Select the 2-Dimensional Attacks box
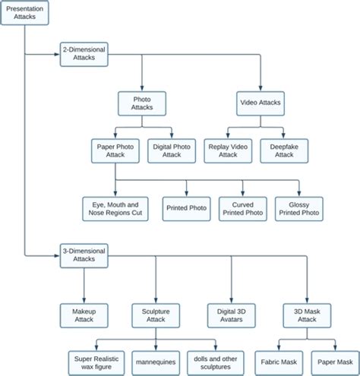pyautogui.click(x=84, y=54)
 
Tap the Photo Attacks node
pyautogui.click(x=142, y=103)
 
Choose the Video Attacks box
pyautogui.click(x=261, y=103)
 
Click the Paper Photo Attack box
pyautogui.click(x=115, y=150)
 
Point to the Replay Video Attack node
pyautogui.click(x=228, y=150)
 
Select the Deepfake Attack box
pyautogui.click(x=283, y=150)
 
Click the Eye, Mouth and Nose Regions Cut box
pyautogui.click(x=114, y=208)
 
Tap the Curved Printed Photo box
pyautogui.click(x=242, y=208)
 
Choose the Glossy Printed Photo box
pyautogui.click(x=299, y=208)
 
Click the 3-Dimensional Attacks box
pyautogui.click(x=84, y=254)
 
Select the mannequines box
pyautogui.click(x=156, y=361)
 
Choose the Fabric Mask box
pyautogui.click(x=279, y=361)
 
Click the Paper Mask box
pyautogui.click(x=335, y=361)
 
